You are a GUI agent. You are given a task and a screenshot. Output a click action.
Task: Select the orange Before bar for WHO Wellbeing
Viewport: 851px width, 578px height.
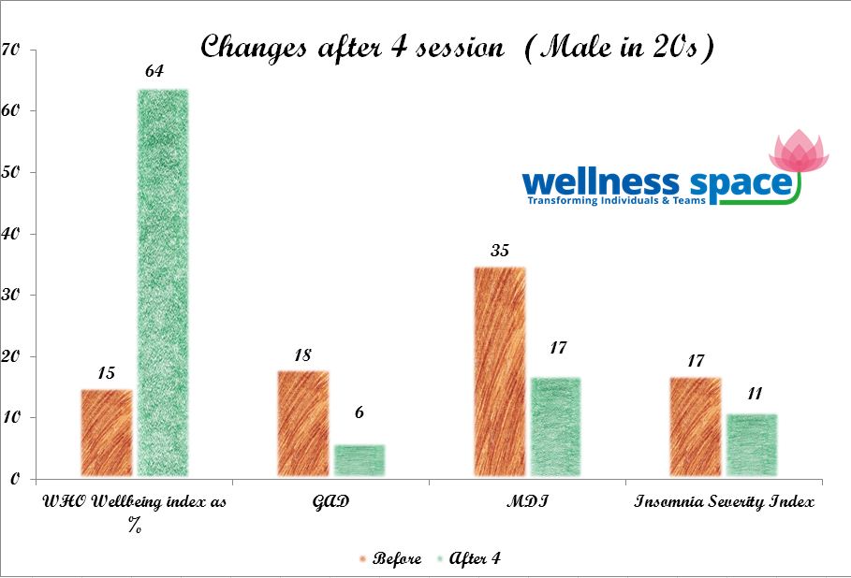point(106,433)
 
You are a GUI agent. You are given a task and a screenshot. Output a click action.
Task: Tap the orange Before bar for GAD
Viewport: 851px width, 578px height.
point(302,424)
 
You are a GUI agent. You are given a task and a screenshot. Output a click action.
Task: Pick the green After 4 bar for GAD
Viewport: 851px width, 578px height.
point(359,460)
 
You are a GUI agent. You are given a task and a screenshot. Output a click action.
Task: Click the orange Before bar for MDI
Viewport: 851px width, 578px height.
point(499,372)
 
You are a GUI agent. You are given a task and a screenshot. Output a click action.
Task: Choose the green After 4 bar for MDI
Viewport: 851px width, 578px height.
point(555,427)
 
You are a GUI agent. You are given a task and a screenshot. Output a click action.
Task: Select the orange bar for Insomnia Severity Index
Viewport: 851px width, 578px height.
point(695,427)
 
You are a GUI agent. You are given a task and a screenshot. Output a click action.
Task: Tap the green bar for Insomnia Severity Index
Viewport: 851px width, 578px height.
point(751,445)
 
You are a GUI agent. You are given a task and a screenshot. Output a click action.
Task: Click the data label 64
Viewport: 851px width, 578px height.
point(155,71)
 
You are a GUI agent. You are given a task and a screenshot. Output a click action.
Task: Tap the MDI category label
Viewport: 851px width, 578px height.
point(527,502)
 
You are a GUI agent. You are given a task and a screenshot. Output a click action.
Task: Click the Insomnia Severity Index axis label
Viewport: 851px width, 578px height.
point(724,502)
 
